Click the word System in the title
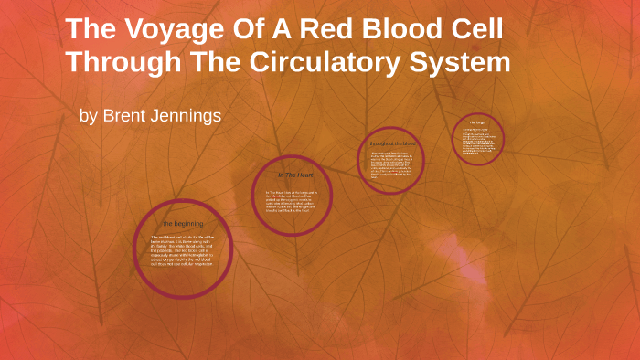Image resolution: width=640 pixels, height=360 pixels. pos(458,66)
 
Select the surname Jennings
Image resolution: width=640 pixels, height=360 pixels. pos(188,117)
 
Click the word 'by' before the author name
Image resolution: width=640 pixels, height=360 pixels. pos(89,118)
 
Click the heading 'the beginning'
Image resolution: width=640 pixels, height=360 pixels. pos(184,223)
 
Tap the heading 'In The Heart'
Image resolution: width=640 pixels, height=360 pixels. pos(292,175)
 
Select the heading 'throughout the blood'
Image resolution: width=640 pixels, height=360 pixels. pos(392,144)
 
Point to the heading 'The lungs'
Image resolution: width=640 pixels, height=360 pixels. pos(476,122)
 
